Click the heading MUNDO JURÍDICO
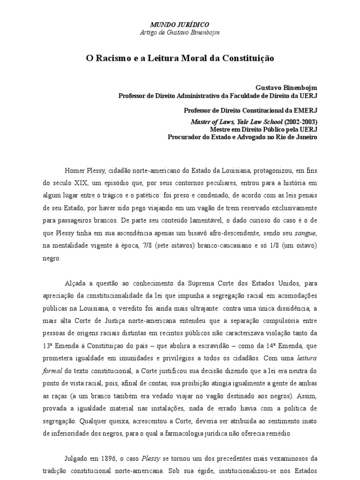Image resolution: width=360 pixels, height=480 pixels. (x=180, y=24)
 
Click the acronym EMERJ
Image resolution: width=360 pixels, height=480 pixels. (x=305, y=111)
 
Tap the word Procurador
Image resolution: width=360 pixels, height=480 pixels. (x=185, y=137)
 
